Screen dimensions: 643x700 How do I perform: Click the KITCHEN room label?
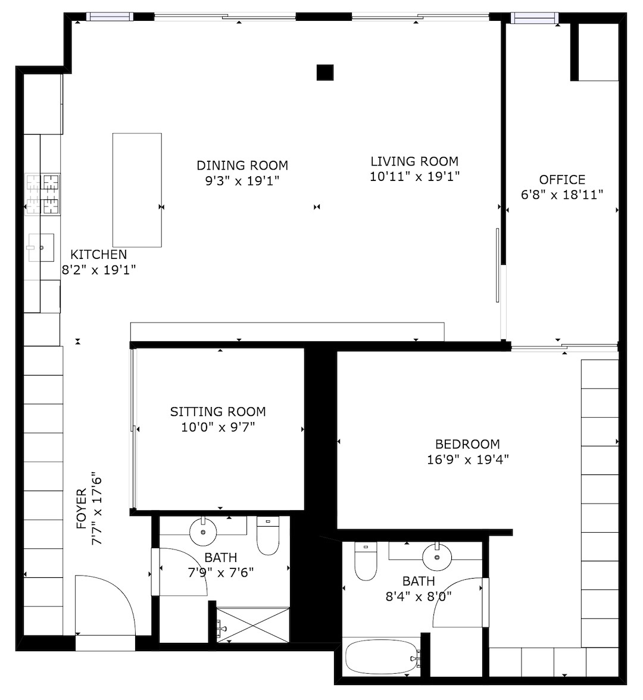click(99, 255)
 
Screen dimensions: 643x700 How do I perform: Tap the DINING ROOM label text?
click(242, 165)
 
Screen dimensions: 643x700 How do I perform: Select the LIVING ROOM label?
click(415, 161)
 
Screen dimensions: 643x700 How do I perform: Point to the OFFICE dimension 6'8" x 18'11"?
click(562, 195)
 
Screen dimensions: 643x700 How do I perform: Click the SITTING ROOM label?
click(218, 412)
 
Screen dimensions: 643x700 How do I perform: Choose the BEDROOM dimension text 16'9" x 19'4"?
click(468, 460)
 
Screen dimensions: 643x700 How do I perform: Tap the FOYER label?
click(81, 508)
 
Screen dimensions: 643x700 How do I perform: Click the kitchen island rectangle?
click(137, 190)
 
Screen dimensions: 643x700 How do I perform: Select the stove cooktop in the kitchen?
click(43, 194)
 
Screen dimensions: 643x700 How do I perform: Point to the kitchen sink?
click(41, 247)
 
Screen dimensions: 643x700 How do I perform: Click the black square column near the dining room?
click(325, 73)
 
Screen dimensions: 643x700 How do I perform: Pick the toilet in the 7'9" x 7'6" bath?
click(268, 536)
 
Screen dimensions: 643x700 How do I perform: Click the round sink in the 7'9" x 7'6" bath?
click(203, 532)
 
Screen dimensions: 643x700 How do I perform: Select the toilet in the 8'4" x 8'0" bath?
click(366, 561)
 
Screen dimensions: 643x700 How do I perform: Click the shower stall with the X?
click(252, 625)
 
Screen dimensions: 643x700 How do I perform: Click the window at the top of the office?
click(535, 18)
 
